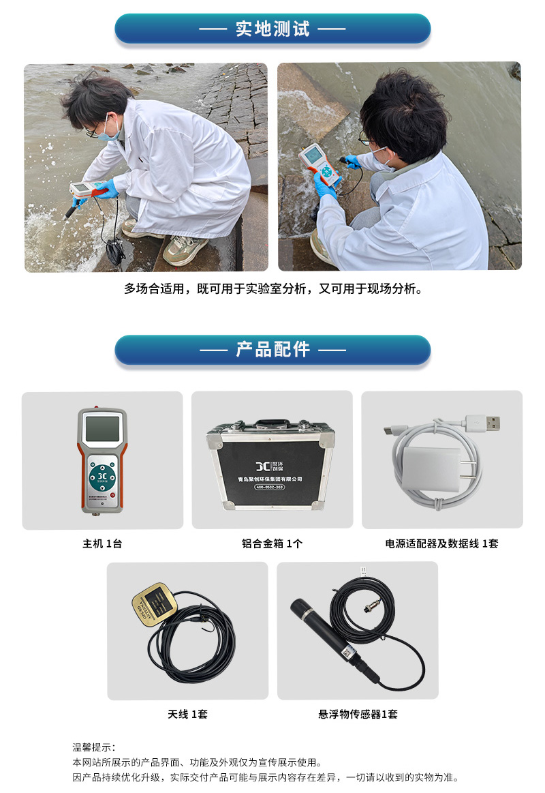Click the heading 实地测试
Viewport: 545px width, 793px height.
click(272, 29)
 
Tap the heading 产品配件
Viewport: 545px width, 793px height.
click(272, 350)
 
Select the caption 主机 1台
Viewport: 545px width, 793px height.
click(102, 543)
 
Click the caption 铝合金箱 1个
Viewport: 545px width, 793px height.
click(272, 543)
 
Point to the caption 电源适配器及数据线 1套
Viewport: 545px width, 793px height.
click(441, 543)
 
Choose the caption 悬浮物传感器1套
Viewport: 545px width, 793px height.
click(357, 714)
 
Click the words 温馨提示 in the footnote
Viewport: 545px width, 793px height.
click(93, 748)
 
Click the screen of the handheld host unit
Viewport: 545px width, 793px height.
click(102, 429)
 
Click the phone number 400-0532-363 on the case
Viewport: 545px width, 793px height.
click(270, 487)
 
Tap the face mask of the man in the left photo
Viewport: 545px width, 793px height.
click(109, 134)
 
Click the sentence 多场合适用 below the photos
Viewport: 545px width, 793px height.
click(272, 288)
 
